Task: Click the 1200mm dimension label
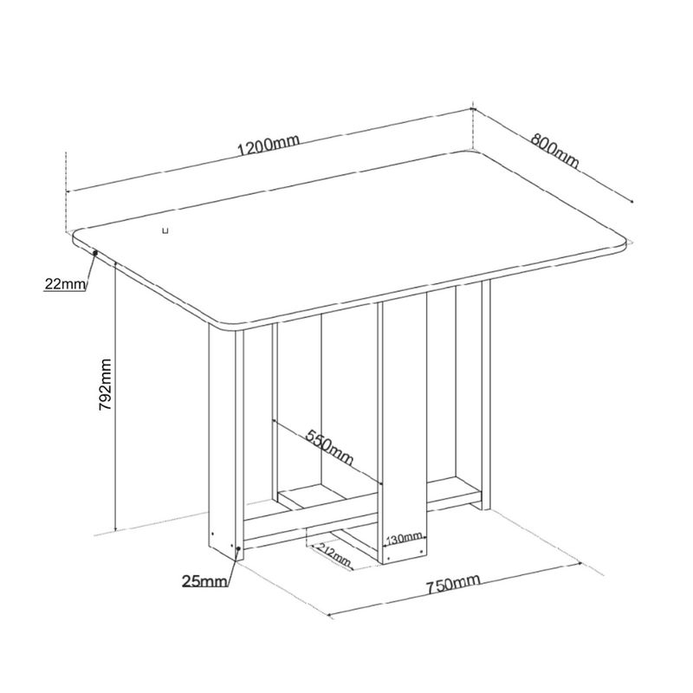point(269,144)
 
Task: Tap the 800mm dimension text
point(554,151)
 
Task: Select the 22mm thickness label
point(64,284)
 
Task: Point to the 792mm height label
point(106,385)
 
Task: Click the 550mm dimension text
point(330,447)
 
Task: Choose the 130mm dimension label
point(404,539)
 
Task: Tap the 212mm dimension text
point(334,554)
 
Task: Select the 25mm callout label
point(204,581)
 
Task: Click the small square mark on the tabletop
point(165,230)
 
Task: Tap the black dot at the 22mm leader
point(95,253)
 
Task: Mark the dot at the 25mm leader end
point(239,548)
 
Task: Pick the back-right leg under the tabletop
point(486,395)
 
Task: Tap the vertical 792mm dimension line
point(115,397)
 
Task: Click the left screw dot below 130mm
point(388,557)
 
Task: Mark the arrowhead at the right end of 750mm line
point(578,564)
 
